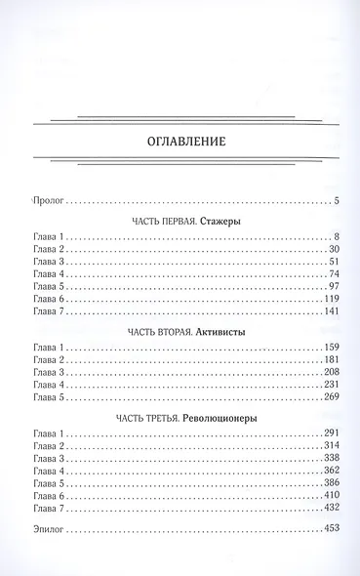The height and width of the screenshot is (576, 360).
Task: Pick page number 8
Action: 334,236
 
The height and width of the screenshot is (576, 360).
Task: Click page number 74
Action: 331,275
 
